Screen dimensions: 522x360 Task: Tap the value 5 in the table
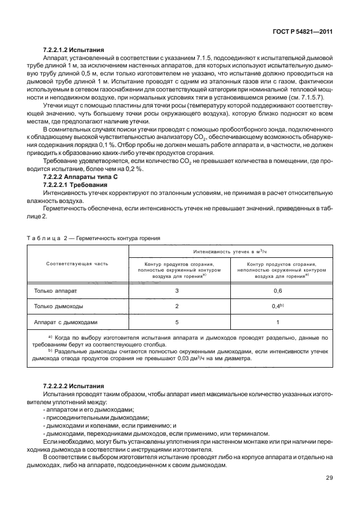tap(177, 322)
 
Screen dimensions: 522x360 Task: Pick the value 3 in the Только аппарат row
tap(177, 291)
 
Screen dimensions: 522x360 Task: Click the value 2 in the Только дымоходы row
tap(177, 306)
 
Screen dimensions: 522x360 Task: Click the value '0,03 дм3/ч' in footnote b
tap(223, 360)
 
